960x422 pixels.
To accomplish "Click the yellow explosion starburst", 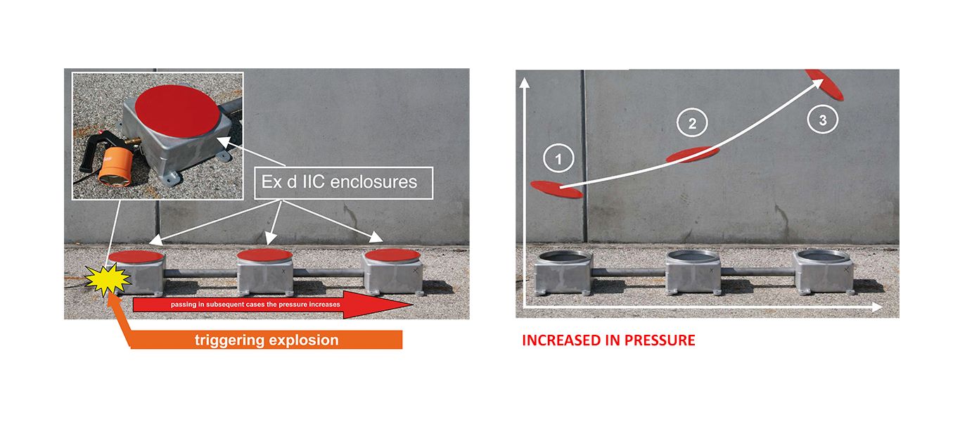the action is click(108, 279).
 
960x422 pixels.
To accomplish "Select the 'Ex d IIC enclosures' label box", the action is click(343, 182).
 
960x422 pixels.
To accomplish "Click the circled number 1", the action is click(558, 159).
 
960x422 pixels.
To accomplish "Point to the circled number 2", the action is click(692, 123).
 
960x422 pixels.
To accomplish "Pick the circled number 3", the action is click(822, 120).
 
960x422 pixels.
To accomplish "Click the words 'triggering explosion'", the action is click(267, 340).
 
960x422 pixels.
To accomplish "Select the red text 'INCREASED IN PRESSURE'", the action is click(608, 340).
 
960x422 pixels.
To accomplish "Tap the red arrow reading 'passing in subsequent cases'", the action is click(273, 305).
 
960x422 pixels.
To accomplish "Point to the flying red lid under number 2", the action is click(692, 155).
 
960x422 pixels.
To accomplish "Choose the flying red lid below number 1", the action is click(557, 189).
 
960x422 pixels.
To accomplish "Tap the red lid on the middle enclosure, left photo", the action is click(265, 255).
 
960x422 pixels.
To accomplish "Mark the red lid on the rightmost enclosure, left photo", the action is click(392, 255).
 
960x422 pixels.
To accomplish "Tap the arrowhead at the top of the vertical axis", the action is click(524, 82).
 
